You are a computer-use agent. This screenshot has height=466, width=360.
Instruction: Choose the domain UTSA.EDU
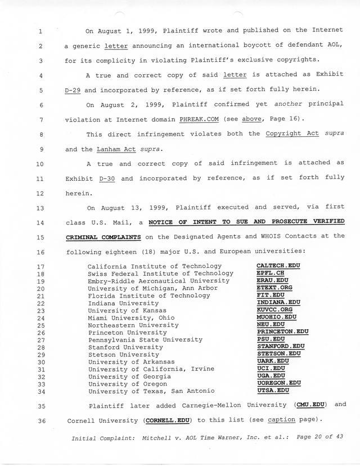pyautogui.click(x=272, y=391)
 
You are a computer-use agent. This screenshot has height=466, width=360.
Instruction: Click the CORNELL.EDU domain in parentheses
pyautogui.click(x=167, y=420)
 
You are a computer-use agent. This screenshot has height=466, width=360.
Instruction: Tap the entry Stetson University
pyautogui.click(x=124, y=355)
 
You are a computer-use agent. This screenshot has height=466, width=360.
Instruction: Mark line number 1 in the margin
pyautogui.click(x=40, y=30)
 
